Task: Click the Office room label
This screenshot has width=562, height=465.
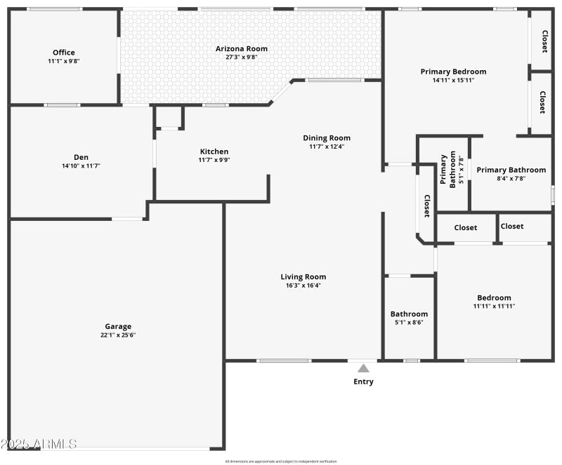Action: click(x=63, y=52)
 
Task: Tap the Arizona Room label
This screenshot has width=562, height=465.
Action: click(x=241, y=48)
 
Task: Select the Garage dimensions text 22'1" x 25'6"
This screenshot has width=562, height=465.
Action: click(x=118, y=335)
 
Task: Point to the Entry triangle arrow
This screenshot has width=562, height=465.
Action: click(x=363, y=368)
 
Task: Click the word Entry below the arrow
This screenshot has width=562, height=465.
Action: click(x=363, y=382)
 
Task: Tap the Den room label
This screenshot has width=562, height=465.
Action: click(x=81, y=157)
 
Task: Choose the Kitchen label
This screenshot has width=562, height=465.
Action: click(x=214, y=151)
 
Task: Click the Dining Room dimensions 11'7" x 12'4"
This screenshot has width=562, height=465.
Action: click(x=327, y=147)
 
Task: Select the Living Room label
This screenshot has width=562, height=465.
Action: click(x=303, y=276)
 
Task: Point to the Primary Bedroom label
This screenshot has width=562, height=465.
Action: click(x=453, y=72)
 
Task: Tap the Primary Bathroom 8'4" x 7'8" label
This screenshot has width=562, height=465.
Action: click(x=511, y=170)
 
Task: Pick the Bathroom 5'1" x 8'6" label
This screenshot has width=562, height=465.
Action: click(x=409, y=314)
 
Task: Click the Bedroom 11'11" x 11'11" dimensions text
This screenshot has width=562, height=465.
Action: click(x=494, y=306)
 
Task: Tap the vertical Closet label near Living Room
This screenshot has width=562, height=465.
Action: click(x=426, y=206)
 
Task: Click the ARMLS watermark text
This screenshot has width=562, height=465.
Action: click(x=39, y=444)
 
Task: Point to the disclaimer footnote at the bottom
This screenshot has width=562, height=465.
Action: click(x=281, y=461)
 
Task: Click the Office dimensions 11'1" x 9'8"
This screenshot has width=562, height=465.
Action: click(x=63, y=61)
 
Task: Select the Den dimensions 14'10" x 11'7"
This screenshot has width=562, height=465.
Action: click(x=81, y=166)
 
